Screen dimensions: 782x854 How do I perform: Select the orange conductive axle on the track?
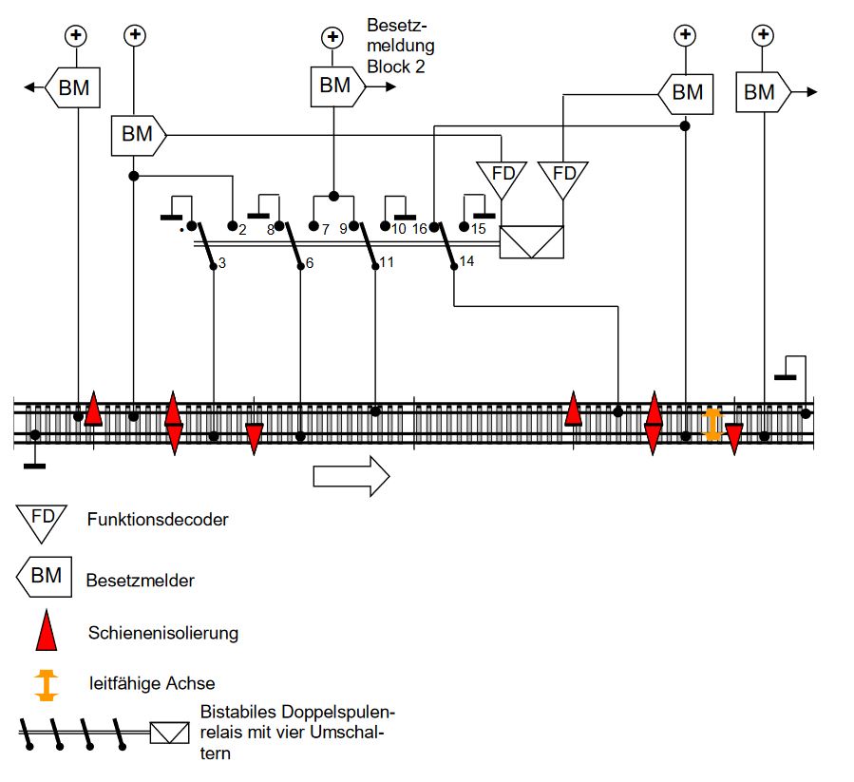(x=712, y=424)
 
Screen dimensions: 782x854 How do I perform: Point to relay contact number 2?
(x=242, y=229)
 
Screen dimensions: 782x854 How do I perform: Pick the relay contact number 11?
(x=387, y=261)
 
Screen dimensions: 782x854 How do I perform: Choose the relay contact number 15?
(x=478, y=229)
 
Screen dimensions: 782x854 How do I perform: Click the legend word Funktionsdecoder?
(x=157, y=520)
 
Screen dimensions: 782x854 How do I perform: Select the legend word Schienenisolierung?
(x=162, y=633)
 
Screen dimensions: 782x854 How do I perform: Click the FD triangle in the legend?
(x=41, y=520)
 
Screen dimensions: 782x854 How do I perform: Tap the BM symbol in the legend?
(x=44, y=576)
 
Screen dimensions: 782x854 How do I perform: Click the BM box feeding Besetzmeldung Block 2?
(x=335, y=86)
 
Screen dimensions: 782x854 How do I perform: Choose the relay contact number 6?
(x=310, y=262)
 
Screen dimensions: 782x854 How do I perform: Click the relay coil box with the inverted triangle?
(x=532, y=241)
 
